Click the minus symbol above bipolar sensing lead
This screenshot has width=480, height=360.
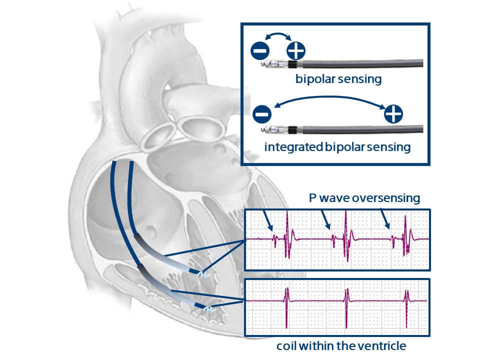point(260,50)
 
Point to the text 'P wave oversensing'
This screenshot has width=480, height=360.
point(364,198)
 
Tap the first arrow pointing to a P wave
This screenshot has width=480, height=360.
point(267,220)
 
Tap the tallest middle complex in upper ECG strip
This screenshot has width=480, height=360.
point(346,235)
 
